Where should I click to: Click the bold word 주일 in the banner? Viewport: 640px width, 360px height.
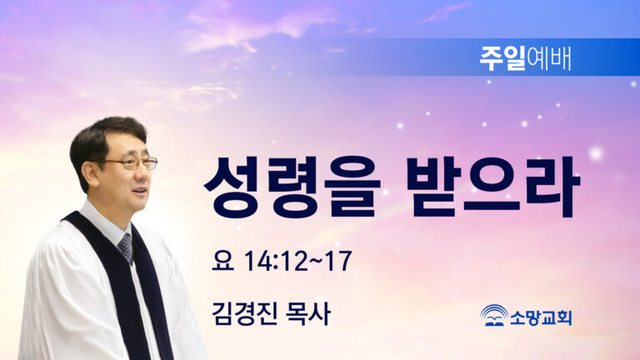[x=502, y=58]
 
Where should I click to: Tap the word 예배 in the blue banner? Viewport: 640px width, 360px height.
[x=548, y=58]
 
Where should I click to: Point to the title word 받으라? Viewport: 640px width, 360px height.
[x=494, y=187]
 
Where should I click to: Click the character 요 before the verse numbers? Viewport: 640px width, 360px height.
[x=222, y=260]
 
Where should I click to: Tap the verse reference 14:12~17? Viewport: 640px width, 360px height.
[x=298, y=260]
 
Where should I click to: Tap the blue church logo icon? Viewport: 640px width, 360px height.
[x=494, y=315]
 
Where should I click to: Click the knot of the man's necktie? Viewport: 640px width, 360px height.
[x=125, y=241]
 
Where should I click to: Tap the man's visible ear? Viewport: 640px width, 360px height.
[x=89, y=172]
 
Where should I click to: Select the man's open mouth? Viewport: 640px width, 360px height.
[x=140, y=191]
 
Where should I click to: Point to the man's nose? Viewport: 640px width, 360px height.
[x=144, y=173]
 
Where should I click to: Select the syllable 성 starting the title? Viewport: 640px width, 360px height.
[x=232, y=187]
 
